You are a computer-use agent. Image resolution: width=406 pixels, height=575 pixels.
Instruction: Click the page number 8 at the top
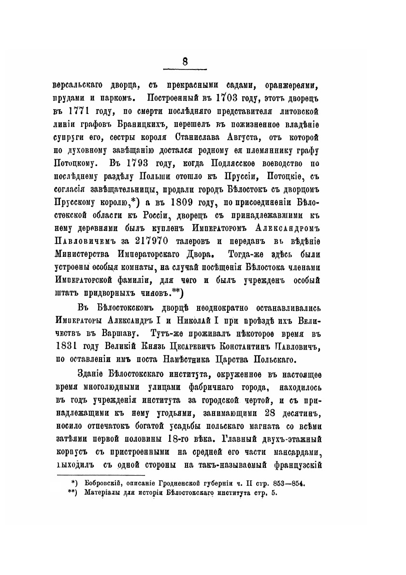point(185,62)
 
